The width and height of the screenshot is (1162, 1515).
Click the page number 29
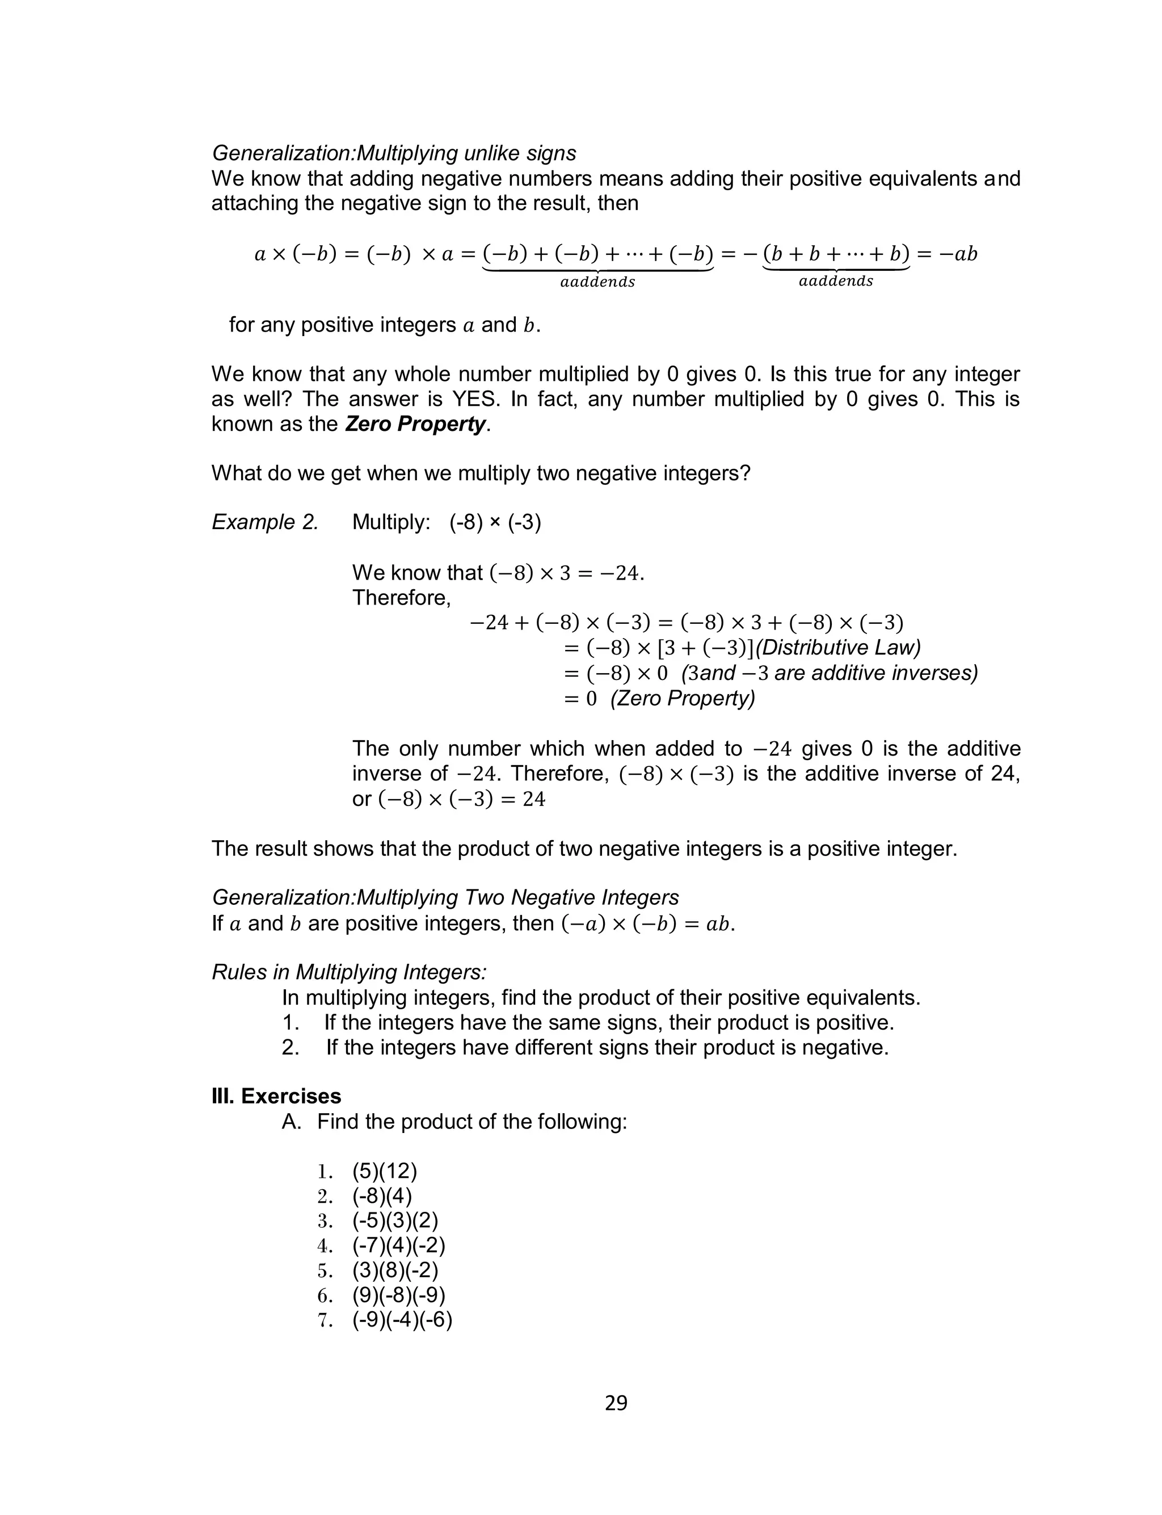coord(616,1403)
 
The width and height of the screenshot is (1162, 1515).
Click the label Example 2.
coord(265,522)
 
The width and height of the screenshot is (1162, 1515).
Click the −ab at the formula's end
coord(957,254)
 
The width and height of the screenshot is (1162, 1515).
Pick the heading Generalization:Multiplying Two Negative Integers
coord(445,897)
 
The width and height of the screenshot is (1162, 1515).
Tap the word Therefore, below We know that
coord(401,598)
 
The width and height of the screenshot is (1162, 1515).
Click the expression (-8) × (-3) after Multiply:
coord(495,522)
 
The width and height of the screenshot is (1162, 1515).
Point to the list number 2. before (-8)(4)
coord(325,1196)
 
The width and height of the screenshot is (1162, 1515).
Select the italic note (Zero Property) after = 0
coord(683,698)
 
